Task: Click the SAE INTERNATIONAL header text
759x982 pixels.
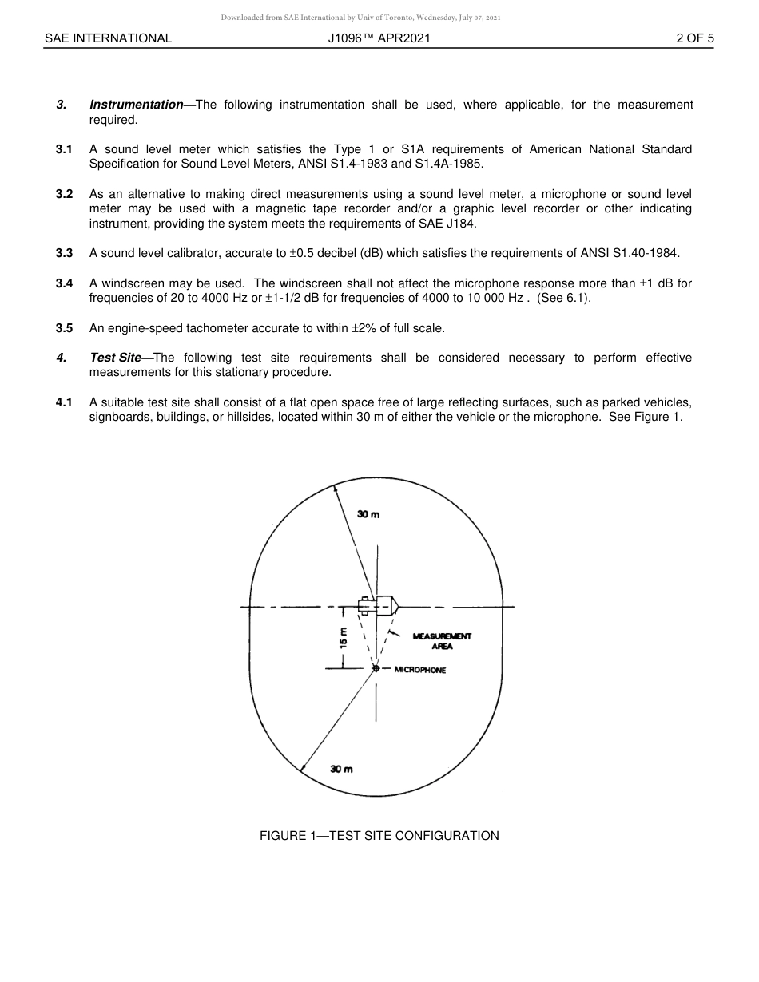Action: (x=108, y=38)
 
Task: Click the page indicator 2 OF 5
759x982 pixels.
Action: (x=694, y=38)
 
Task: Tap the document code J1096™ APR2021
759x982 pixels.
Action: (x=379, y=38)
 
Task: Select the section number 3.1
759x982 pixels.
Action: (x=64, y=149)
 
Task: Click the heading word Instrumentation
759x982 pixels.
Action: (x=136, y=105)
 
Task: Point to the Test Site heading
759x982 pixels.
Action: (x=115, y=358)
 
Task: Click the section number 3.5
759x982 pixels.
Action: (x=64, y=328)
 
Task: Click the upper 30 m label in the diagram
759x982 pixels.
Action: (x=368, y=515)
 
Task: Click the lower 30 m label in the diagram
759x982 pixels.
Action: (x=341, y=769)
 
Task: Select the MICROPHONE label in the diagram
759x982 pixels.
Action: (x=419, y=670)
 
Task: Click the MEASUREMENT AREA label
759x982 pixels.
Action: (x=442, y=641)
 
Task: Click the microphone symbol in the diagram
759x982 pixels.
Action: (x=376, y=668)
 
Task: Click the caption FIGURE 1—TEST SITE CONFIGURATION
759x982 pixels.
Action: (x=379, y=836)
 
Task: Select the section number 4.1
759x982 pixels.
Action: (x=64, y=402)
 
